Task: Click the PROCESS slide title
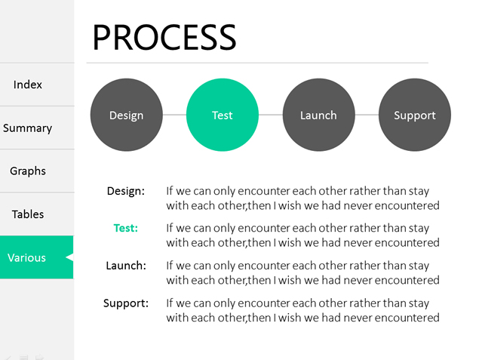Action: [164, 37]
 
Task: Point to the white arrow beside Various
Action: [70, 257]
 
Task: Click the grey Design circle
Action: [127, 115]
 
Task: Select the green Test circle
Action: [223, 115]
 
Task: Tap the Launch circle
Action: [318, 115]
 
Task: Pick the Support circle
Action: [415, 115]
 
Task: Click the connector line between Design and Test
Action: [174, 115]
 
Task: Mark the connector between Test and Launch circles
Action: [271, 115]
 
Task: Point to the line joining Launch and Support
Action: [367, 115]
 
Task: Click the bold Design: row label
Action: [126, 191]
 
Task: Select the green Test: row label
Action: [126, 228]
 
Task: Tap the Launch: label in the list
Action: [126, 266]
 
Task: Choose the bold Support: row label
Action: [126, 303]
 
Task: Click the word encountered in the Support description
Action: [407, 318]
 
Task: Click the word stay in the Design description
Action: [419, 192]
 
